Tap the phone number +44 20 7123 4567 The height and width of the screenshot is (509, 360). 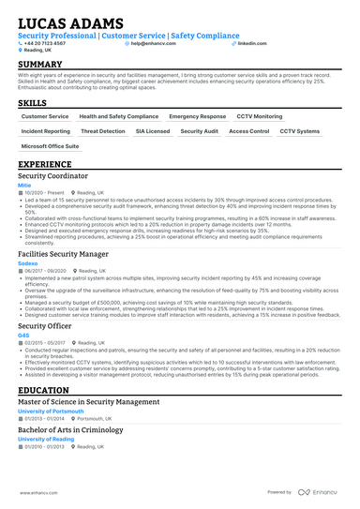pos(46,43)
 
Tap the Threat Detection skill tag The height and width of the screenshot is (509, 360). pos(103,132)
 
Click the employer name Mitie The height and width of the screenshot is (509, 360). pos(24,186)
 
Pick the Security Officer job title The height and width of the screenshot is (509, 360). pos(46,325)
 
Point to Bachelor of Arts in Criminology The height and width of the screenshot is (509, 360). pos(69,430)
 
